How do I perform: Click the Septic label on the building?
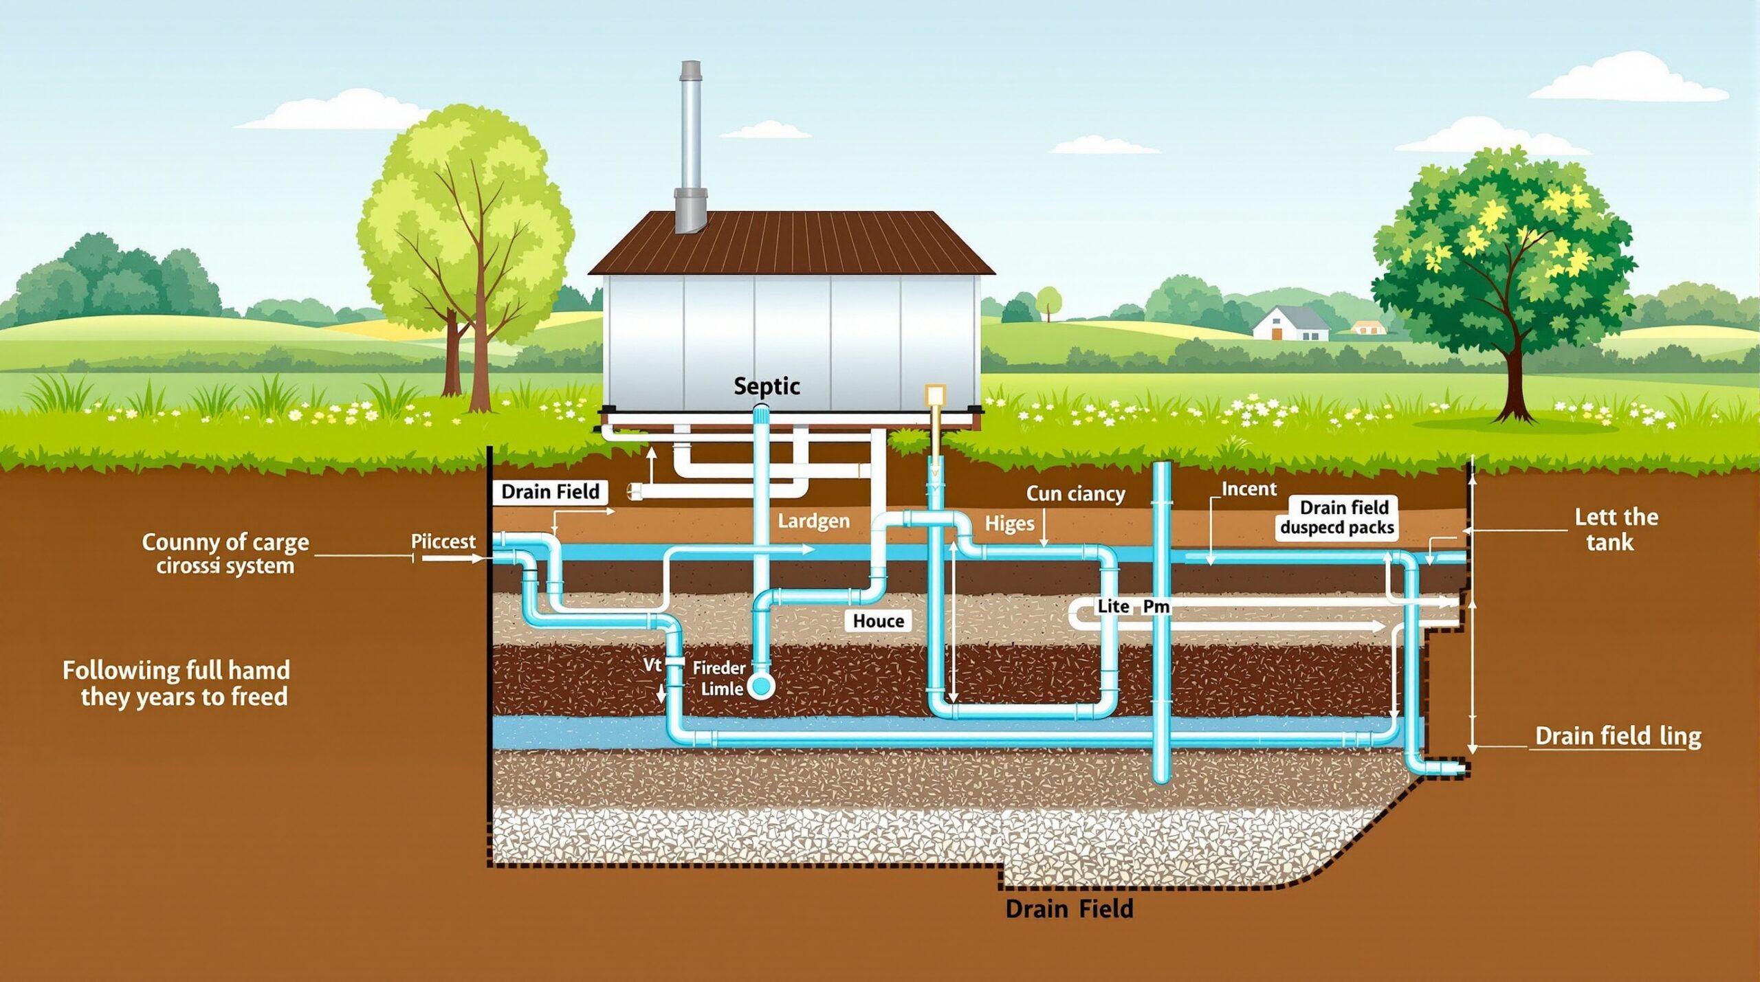click(767, 386)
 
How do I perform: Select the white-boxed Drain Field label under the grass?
click(550, 492)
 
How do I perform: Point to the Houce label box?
click(878, 621)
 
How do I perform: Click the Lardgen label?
click(813, 522)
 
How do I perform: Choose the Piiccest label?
click(443, 542)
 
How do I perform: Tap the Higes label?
click(1009, 524)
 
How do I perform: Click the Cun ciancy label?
click(1075, 494)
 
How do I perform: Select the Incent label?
click(1248, 489)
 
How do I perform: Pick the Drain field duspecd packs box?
click(1336, 517)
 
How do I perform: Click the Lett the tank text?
click(1616, 530)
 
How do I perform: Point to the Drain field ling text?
click(1618, 737)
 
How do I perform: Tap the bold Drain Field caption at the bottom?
click(1069, 909)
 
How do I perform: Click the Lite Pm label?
click(1133, 607)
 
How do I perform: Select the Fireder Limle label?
click(718, 678)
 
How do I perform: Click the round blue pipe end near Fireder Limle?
click(761, 685)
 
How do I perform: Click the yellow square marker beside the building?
click(936, 394)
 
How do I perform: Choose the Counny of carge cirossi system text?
click(225, 554)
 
